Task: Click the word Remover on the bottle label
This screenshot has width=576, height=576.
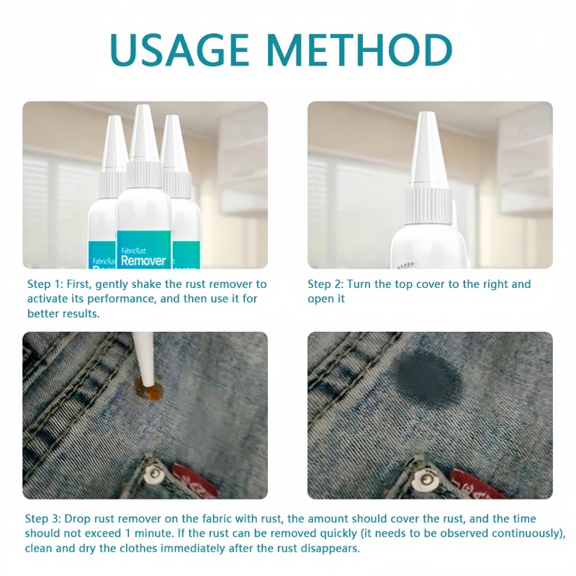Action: pyautogui.click(x=143, y=260)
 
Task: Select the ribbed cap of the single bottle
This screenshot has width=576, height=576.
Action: pyautogui.click(x=429, y=204)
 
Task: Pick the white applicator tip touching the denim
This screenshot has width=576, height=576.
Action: pyautogui.click(x=144, y=360)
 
